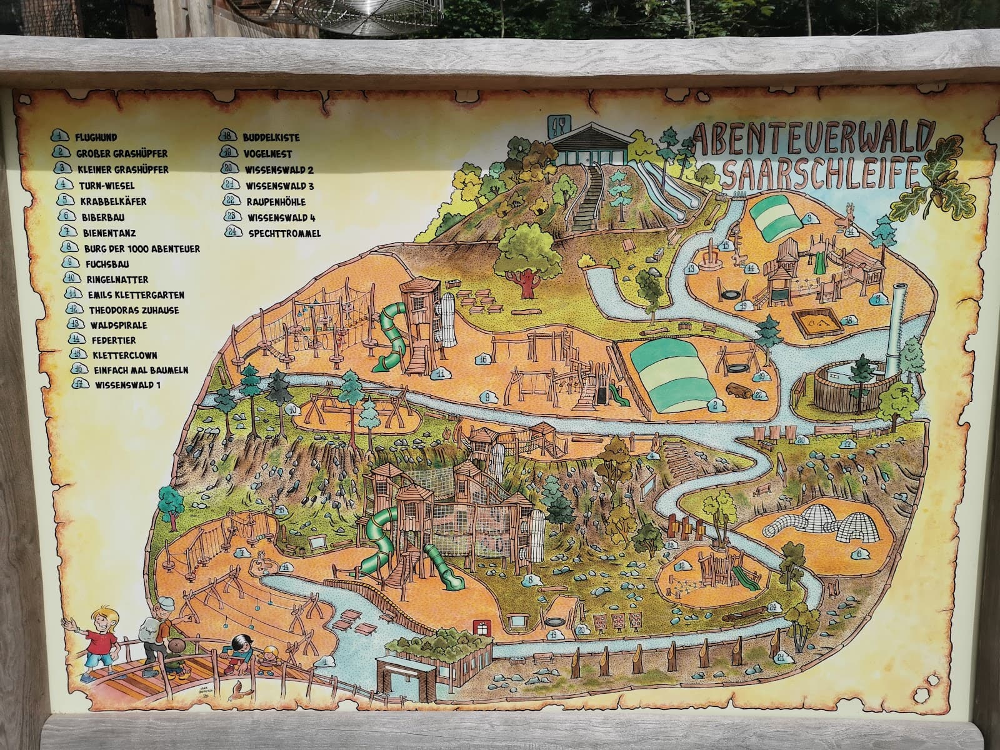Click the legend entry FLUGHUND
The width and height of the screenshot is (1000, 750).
[96, 136]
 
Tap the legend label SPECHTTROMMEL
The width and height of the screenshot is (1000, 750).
[284, 233]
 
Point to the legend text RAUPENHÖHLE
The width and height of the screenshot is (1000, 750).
[276, 201]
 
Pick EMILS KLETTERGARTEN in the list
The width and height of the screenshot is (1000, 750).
[136, 294]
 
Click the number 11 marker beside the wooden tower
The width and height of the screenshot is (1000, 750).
[441, 373]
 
